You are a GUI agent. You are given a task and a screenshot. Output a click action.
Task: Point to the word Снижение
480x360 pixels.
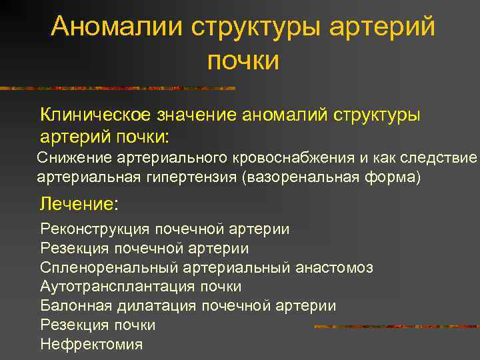74,157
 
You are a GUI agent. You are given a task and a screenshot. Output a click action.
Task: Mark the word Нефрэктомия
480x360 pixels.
91,345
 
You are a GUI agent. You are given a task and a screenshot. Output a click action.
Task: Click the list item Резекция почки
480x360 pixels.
98,325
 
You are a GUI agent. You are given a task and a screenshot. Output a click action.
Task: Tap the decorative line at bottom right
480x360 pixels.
397,327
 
